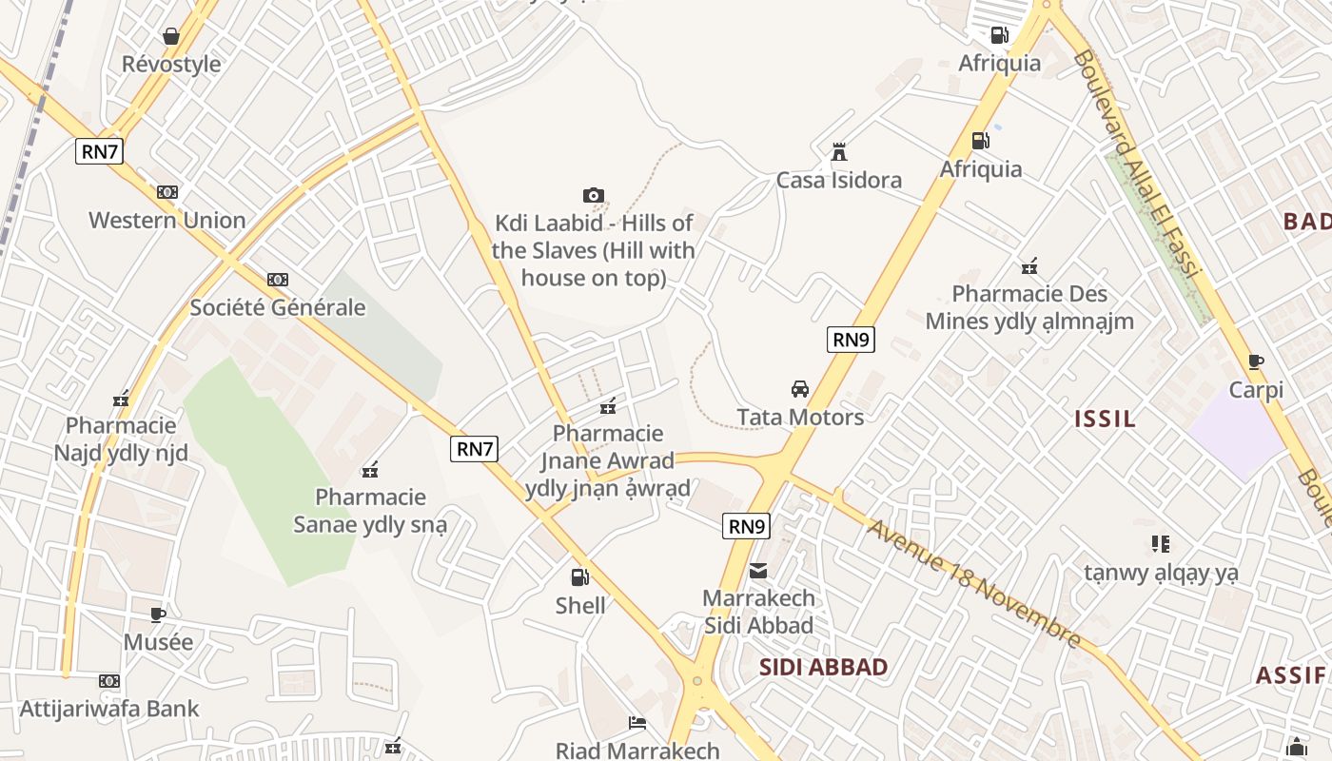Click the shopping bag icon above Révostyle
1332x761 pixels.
[171, 36]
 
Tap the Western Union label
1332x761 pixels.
[167, 220]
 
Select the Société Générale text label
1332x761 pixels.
[278, 307]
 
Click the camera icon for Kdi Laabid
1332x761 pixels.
[594, 195]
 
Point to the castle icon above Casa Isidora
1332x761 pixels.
[839, 152]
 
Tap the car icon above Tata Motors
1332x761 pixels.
[800, 389]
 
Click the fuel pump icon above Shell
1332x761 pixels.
[579, 576]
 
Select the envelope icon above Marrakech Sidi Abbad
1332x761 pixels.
[758, 571]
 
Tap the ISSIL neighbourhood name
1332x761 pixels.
[1105, 419]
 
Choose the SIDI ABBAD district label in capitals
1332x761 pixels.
[824, 667]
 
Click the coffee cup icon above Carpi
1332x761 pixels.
[1256, 361]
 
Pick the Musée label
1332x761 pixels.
[158, 642]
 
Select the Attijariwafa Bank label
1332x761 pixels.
[110, 709]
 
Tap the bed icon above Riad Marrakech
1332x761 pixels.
[637, 723]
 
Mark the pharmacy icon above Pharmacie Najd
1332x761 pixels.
[121, 398]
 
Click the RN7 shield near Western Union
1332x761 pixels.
[100, 150]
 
